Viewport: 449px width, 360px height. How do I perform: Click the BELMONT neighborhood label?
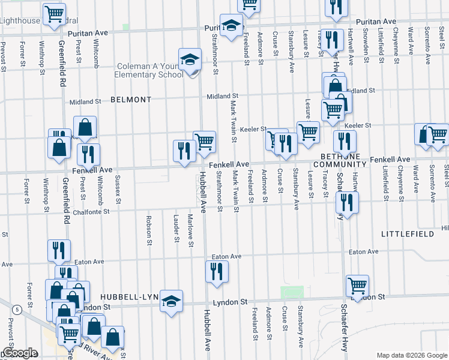point(131,100)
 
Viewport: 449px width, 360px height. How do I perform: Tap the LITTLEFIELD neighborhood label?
point(406,232)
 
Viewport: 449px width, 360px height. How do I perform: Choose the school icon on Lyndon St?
point(171,301)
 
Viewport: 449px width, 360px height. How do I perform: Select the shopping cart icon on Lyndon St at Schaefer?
point(357,285)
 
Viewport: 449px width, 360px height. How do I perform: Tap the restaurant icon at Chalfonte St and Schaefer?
point(347,202)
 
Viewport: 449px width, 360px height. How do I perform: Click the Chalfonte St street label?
point(89,211)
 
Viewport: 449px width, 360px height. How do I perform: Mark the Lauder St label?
point(176,229)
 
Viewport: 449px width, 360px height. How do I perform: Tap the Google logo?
point(19,353)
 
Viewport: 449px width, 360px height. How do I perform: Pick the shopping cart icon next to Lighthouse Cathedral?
point(54,14)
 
